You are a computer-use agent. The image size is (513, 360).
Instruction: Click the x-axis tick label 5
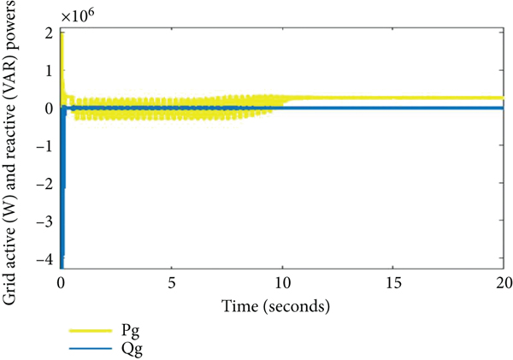[172, 281]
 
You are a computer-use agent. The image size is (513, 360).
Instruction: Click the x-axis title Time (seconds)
[282, 304]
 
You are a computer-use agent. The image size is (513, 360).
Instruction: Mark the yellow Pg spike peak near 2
[62, 32]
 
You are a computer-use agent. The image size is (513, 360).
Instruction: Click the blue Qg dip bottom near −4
[62, 266]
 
